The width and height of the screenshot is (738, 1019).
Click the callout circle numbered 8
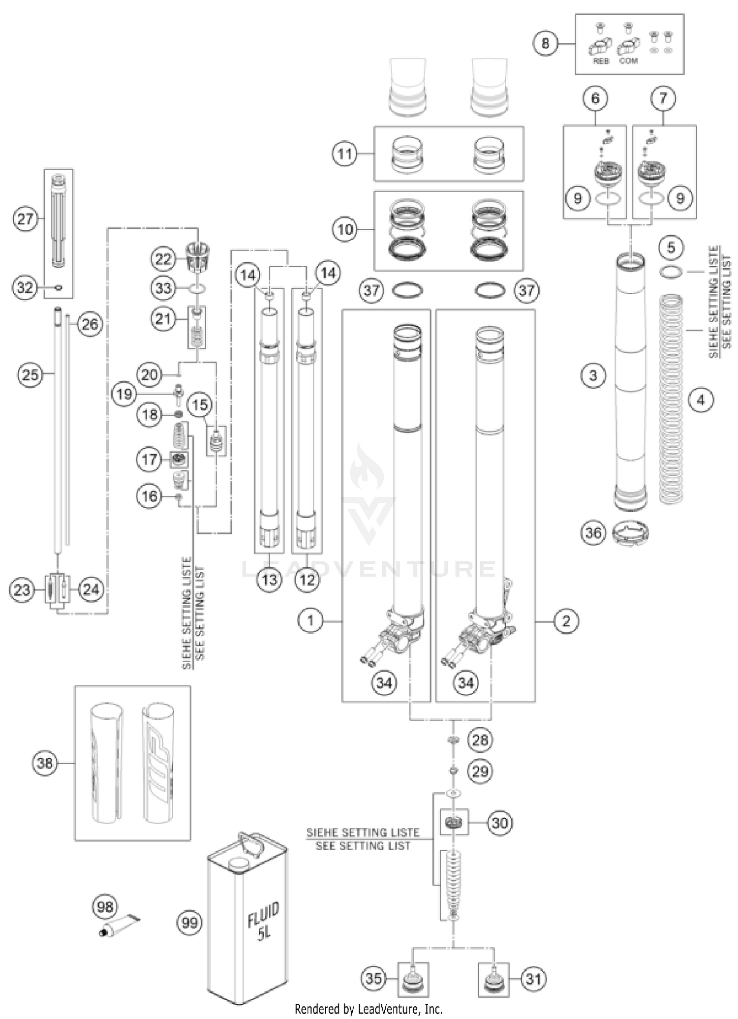coord(545,43)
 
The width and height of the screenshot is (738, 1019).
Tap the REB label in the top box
coord(601,61)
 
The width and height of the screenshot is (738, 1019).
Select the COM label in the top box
coord(629,61)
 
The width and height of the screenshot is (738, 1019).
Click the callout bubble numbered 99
coord(190,922)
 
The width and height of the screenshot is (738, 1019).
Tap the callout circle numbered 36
coord(593,532)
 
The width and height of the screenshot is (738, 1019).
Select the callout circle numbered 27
coord(25,219)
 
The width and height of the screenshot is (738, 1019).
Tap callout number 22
coord(163,259)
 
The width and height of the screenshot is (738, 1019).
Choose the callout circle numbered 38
coord(45,763)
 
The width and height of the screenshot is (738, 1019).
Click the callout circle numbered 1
coord(310,620)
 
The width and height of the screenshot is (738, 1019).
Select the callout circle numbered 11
coord(345,154)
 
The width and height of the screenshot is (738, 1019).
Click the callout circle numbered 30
coord(500,823)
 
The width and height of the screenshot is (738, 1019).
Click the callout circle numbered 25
coord(30,375)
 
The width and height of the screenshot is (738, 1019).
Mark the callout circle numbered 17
coord(149,460)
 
